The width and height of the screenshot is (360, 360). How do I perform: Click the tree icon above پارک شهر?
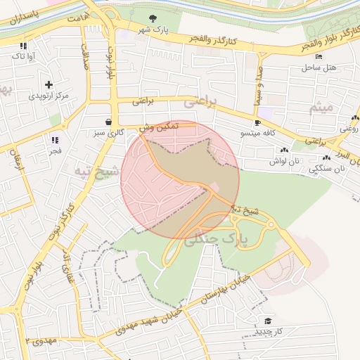click(155, 18)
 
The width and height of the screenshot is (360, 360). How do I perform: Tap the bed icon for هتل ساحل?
click(319, 56)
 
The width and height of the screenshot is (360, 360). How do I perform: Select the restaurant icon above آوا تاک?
click(24, 46)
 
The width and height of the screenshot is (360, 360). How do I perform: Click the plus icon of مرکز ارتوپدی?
click(49, 84)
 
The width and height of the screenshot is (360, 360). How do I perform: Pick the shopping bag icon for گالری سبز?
click(108, 121)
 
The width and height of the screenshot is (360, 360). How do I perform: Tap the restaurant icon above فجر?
click(55, 140)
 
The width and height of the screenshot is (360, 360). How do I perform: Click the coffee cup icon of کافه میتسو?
click(257, 122)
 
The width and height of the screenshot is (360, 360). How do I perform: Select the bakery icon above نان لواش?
click(284, 150)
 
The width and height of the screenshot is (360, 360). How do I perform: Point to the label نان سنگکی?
click(329, 169)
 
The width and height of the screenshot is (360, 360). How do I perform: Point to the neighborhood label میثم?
click(321, 108)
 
